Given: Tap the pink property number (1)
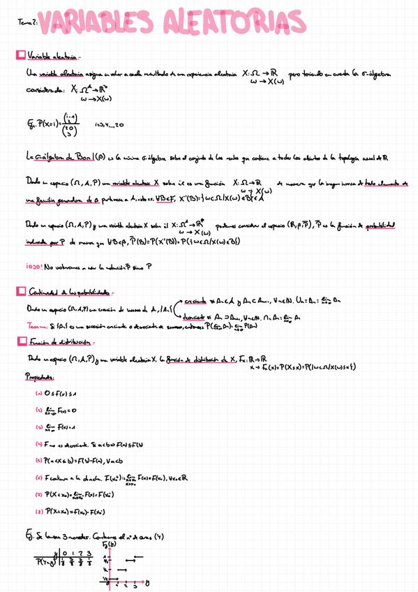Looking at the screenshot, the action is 38,392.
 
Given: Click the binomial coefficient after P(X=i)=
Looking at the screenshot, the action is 70,125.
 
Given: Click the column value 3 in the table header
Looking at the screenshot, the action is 90,554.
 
